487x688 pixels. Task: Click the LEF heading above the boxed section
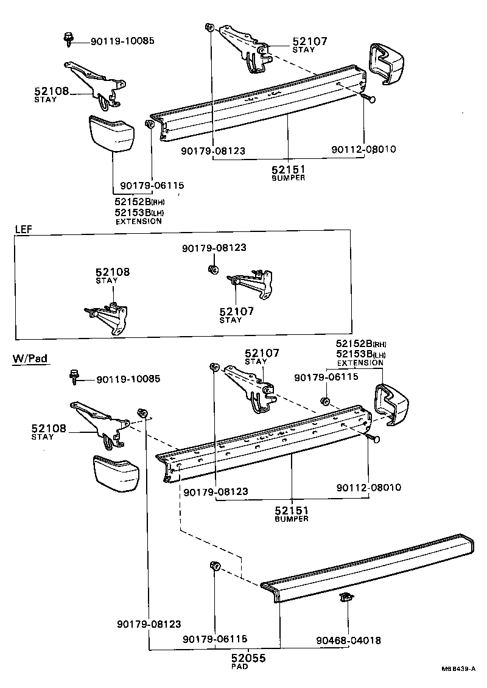[23, 229]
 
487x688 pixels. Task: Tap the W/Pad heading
[30, 359]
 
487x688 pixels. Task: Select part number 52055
[248, 658]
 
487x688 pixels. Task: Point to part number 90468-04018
[348, 640]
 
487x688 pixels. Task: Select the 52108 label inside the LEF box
[112, 273]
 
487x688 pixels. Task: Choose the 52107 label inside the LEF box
[236, 311]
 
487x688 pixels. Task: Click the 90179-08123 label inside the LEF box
[214, 248]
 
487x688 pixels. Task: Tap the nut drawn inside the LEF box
[211, 269]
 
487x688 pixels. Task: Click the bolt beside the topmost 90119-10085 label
[68, 40]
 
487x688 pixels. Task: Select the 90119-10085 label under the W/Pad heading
[128, 379]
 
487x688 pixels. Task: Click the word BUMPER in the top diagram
[289, 178]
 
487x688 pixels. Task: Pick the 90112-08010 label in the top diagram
[363, 149]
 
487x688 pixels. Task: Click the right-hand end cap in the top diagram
[387, 63]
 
